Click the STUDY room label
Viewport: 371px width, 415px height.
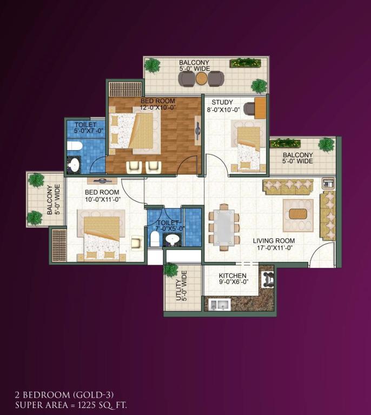(x=222, y=102)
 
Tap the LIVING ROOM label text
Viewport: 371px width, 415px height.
(x=274, y=241)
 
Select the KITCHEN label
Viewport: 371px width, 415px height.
(x=233, y=276)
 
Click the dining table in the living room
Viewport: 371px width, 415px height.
(x=224, y=226)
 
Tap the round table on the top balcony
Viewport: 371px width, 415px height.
(x=202, y=78)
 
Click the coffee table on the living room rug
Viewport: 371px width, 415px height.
(x=298, y=214)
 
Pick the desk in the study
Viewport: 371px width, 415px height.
(x=260, y=108)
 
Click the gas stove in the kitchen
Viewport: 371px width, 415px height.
(x=268, y=280)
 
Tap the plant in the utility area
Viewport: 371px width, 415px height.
(x=171, y=270)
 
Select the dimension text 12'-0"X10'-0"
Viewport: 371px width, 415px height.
(x=158, y=108)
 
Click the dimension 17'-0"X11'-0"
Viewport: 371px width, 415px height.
(x=274, y=248)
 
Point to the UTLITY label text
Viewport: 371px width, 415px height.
(x=178, y=290)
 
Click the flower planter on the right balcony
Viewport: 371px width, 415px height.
(x=285, y=143)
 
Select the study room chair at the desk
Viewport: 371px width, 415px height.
(x=249, y=109)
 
